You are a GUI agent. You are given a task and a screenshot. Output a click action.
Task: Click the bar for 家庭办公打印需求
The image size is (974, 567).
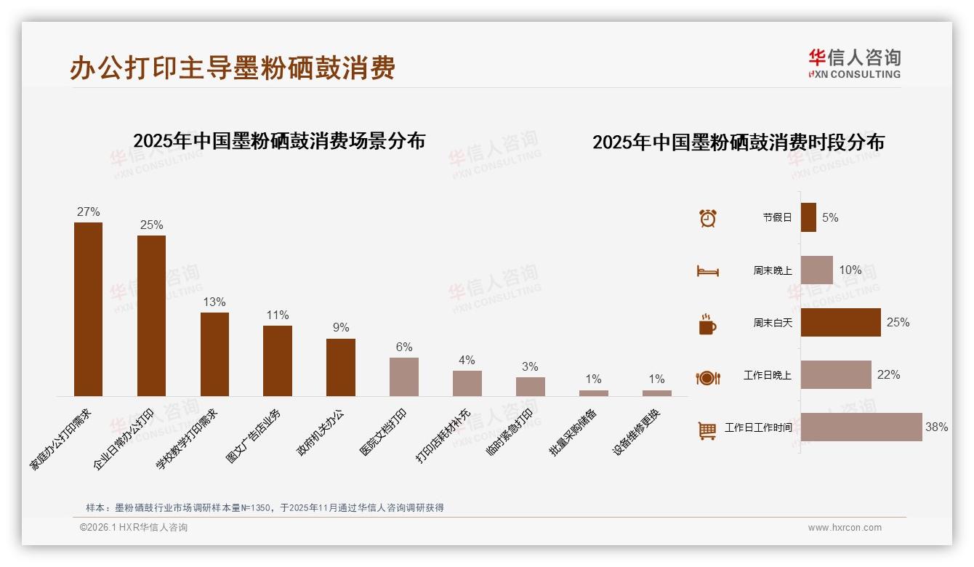coord(88,309)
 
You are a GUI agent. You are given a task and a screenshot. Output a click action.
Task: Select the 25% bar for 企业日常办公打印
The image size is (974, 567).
coord(151,315)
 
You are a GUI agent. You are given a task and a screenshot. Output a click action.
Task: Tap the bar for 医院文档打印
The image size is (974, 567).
coord(404,377)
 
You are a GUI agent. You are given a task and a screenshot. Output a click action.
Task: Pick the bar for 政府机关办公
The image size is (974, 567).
coord(341,367)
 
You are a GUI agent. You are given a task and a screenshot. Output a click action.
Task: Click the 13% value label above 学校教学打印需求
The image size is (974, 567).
coord(214,302)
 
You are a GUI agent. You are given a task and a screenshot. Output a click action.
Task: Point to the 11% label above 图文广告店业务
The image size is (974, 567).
coord(278,315)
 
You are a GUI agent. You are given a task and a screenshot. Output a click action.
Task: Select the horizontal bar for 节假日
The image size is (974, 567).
coord(808,217)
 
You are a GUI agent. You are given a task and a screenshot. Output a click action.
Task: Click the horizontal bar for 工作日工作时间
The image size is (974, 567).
coord(861,427)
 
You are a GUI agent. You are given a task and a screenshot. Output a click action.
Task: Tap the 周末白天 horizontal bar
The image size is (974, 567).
coord(840,322)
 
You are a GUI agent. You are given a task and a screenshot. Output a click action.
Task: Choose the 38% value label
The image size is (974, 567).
coord(936,427)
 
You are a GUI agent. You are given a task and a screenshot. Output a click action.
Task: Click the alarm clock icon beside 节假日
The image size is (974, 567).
coord(707,218)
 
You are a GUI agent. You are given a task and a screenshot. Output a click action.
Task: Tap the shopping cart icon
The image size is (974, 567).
coord(707,430)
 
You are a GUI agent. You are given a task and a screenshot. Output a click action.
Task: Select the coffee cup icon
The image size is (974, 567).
coord(707,324)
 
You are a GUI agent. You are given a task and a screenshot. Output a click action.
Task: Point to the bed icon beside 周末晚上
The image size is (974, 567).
coord(707,271)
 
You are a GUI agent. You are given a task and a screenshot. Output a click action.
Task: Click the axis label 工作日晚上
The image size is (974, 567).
coord(767,376)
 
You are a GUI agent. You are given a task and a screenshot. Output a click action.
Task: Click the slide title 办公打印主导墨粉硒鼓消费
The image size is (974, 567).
coord(233,68)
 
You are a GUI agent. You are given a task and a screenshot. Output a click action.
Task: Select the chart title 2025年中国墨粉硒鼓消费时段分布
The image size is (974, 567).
coord(738,142)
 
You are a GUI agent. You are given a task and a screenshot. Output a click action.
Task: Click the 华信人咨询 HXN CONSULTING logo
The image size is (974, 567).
coord(854,64)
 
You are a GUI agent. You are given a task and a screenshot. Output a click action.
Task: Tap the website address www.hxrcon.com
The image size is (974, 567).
coord(845,528)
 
